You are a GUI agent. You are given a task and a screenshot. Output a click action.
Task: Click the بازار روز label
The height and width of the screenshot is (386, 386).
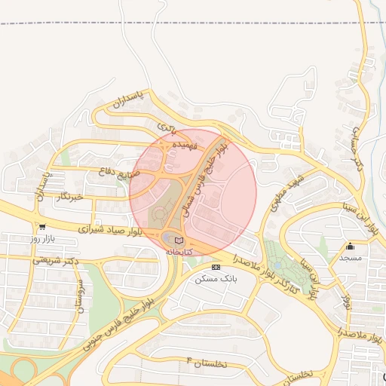(44, 238)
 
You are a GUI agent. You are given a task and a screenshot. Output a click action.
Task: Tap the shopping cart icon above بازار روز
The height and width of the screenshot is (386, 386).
(41, 226)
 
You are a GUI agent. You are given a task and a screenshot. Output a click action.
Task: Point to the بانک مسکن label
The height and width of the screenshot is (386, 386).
(216, 278)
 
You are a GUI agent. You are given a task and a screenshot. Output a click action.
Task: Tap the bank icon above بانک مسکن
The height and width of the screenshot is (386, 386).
(216, 267)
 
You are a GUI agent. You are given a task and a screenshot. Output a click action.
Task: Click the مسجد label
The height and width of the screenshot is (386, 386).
(351, 258)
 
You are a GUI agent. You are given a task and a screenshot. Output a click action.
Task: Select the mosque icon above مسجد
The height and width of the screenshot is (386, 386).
(351, 247)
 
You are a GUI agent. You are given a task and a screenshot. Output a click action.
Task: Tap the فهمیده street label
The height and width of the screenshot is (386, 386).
(185, 143)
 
